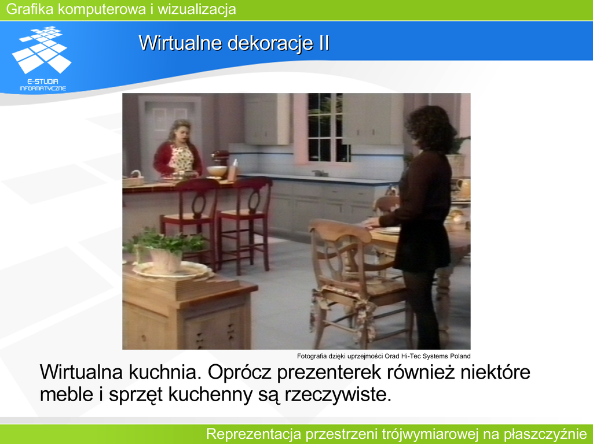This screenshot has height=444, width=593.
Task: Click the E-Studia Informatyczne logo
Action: click(42, 58)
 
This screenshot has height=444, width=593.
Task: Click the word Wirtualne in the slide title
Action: click(180, 43)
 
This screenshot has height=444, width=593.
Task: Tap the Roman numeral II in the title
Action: click(322, 43)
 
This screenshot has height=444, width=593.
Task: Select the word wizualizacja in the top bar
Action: click(197, 9)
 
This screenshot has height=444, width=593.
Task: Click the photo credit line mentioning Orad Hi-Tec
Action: click(383, 356)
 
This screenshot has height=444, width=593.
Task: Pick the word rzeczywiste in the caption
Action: click(338, 395)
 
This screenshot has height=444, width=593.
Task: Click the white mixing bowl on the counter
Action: click(217, 171)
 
